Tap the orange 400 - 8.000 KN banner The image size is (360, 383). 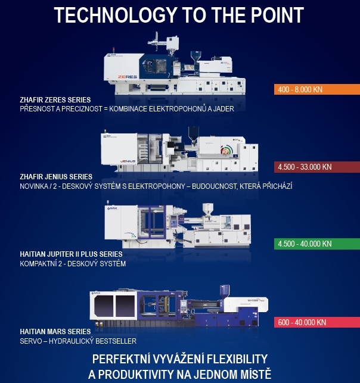tap(317, 89)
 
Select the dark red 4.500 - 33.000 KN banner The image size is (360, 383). tap(317, 167)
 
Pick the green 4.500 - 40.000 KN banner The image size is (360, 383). tap(317, 244)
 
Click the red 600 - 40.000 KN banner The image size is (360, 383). tap(317, 322)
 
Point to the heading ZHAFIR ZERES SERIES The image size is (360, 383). tap(55, 100)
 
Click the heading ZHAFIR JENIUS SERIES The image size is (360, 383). tap(56, 177)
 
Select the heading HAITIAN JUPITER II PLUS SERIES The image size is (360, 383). tap(71, 254)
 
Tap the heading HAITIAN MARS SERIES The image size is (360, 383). tap(55, 331)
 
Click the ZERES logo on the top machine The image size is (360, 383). tap(128, 77)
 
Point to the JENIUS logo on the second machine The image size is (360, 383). tap(128, 161)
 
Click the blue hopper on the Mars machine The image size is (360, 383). tap(225, 291)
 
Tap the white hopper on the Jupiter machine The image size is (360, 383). tap(208, 209)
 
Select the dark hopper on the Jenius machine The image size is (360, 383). tap(194, 135)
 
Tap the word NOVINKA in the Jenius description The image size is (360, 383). tap(34, 186)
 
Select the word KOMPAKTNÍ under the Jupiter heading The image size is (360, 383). tap(38, 264)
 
